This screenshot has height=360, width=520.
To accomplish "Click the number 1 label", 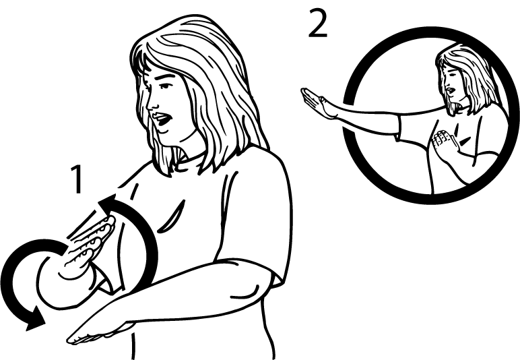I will [79, 179].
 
